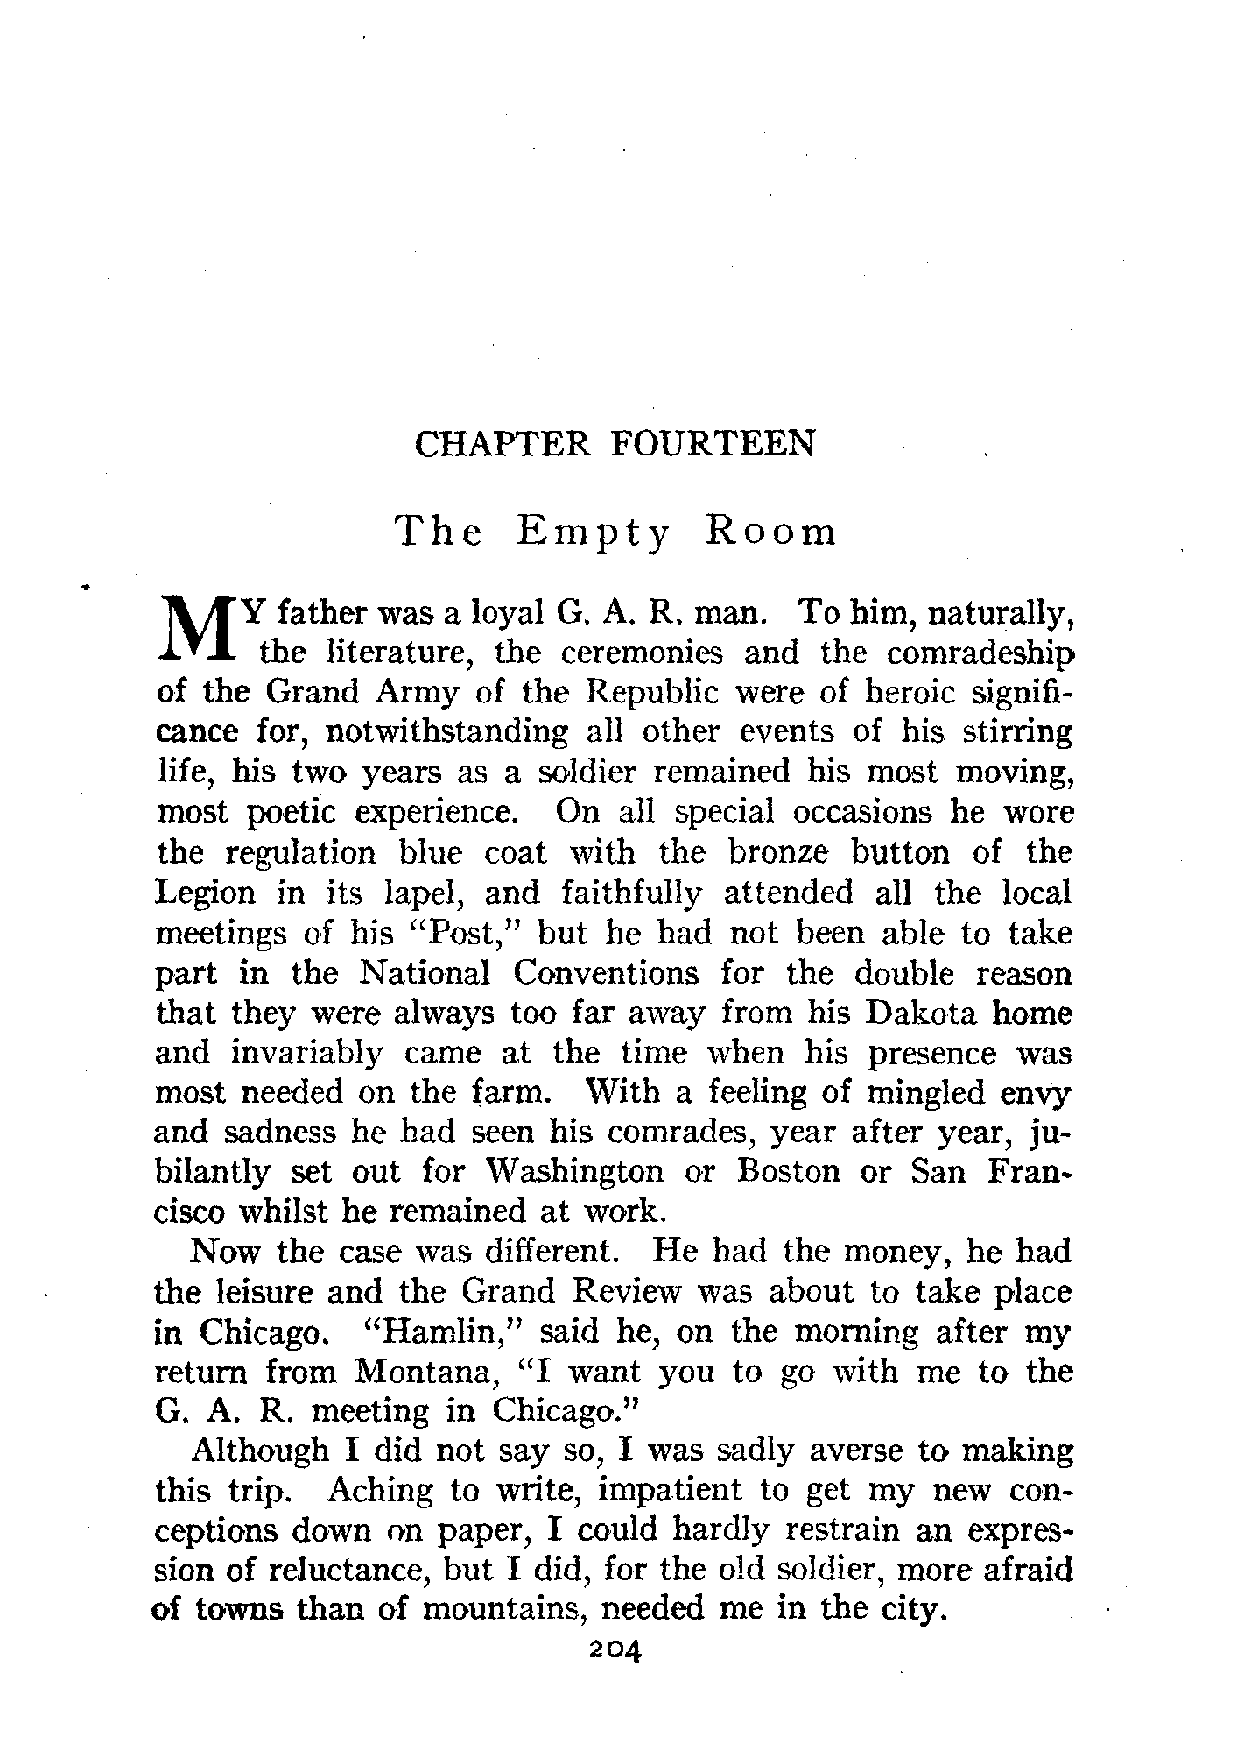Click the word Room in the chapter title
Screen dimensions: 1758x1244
pos(770,533)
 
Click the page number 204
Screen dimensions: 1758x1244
pos(616,1650)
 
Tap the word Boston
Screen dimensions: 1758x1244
pos(789,1172)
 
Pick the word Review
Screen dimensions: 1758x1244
pos(614,1292)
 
